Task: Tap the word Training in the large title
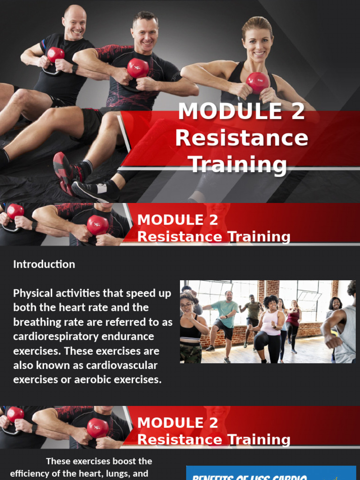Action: pos(237,165)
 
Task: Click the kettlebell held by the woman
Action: pos(257,82)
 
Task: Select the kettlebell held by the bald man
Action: pos(56,55)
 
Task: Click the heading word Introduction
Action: pos(44,264)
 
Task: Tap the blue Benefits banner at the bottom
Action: pos(271,473)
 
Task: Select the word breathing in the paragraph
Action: pos(36,322)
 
